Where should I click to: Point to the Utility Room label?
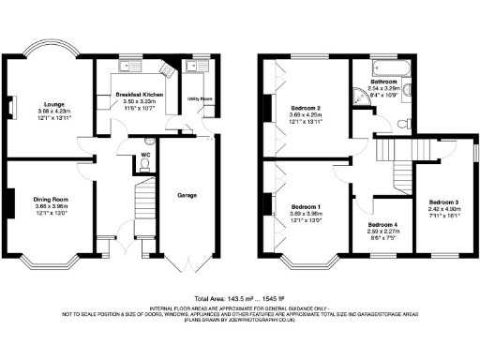click(x=201, y=98)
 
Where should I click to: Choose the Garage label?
click(x=187, y=196)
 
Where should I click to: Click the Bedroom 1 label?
click(x=306, y=206)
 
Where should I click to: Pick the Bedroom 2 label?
click(x=307, y=109)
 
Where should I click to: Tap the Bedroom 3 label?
click(x=444, y=202)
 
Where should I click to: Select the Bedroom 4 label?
click(x=382, y=226)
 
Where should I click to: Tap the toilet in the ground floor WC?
click(x=143, y=164)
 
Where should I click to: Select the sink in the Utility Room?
click(x=198, y=66)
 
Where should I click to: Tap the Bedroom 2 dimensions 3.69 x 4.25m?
click(x=307, y=116)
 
